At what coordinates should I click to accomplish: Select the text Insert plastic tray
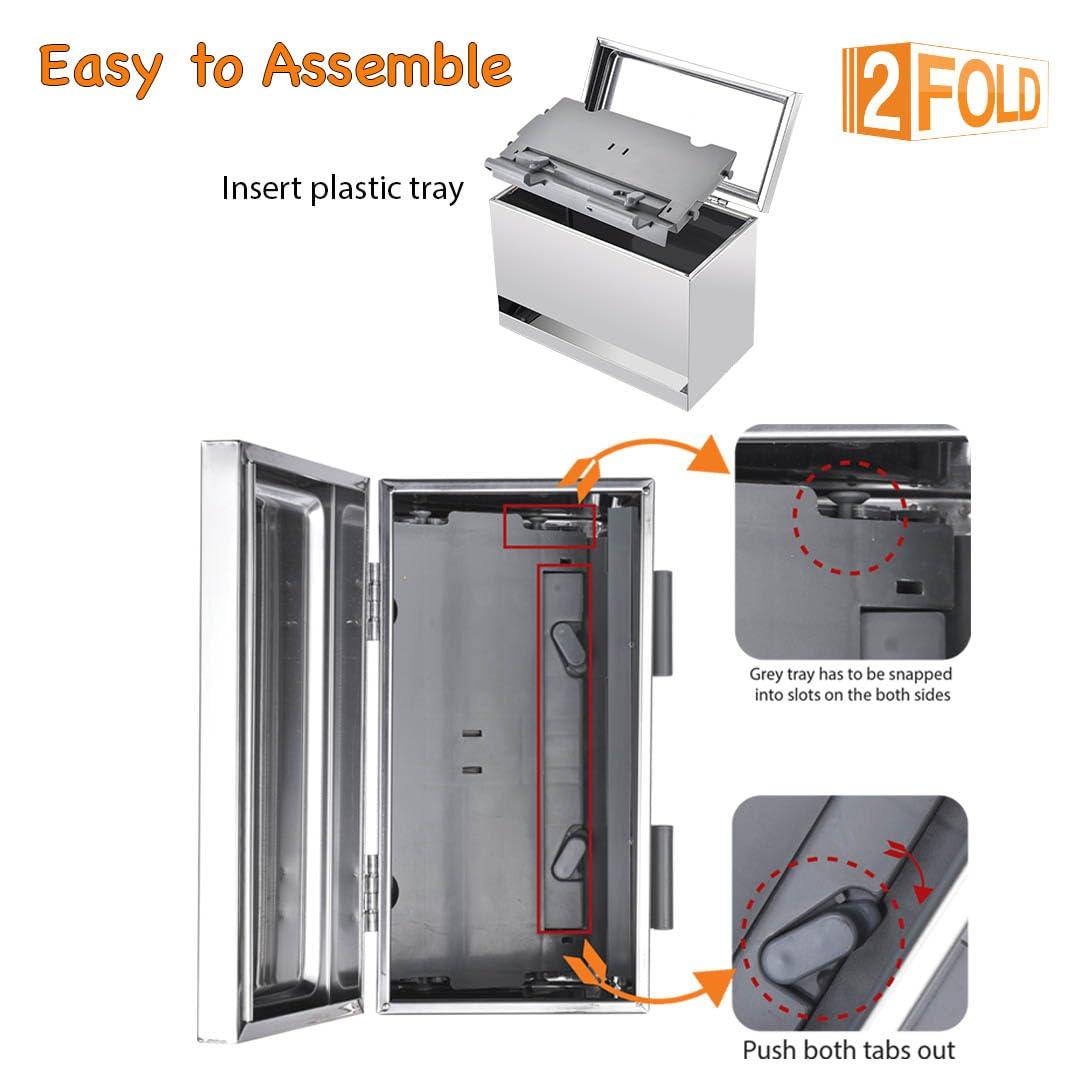click(342, 188)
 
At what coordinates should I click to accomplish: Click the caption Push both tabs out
click(848, 1050)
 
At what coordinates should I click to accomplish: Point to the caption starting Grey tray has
click(851, 684)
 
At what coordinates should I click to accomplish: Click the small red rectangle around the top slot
click(549, 526)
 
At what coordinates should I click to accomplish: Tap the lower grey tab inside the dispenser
click(566, 855)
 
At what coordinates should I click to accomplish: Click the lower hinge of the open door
click(373, 890)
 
